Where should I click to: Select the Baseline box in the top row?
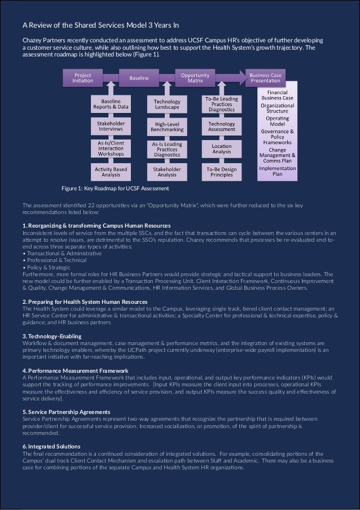click(x=136, y=77)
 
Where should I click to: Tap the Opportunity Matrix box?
click(x=195, y=77)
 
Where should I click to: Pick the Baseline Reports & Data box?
click(x=111, y=103)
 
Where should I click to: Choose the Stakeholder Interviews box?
click(x=111, y=125)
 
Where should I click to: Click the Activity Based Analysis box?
click(x=111, y=171)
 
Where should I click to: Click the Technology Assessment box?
click(x=222, y=127)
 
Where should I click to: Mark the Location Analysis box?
click(x=222, y=149)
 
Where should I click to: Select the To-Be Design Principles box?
click(x=222, y=171)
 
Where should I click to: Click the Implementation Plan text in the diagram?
click(x=278, y=171)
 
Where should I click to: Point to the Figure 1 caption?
click(x=115, y=188)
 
